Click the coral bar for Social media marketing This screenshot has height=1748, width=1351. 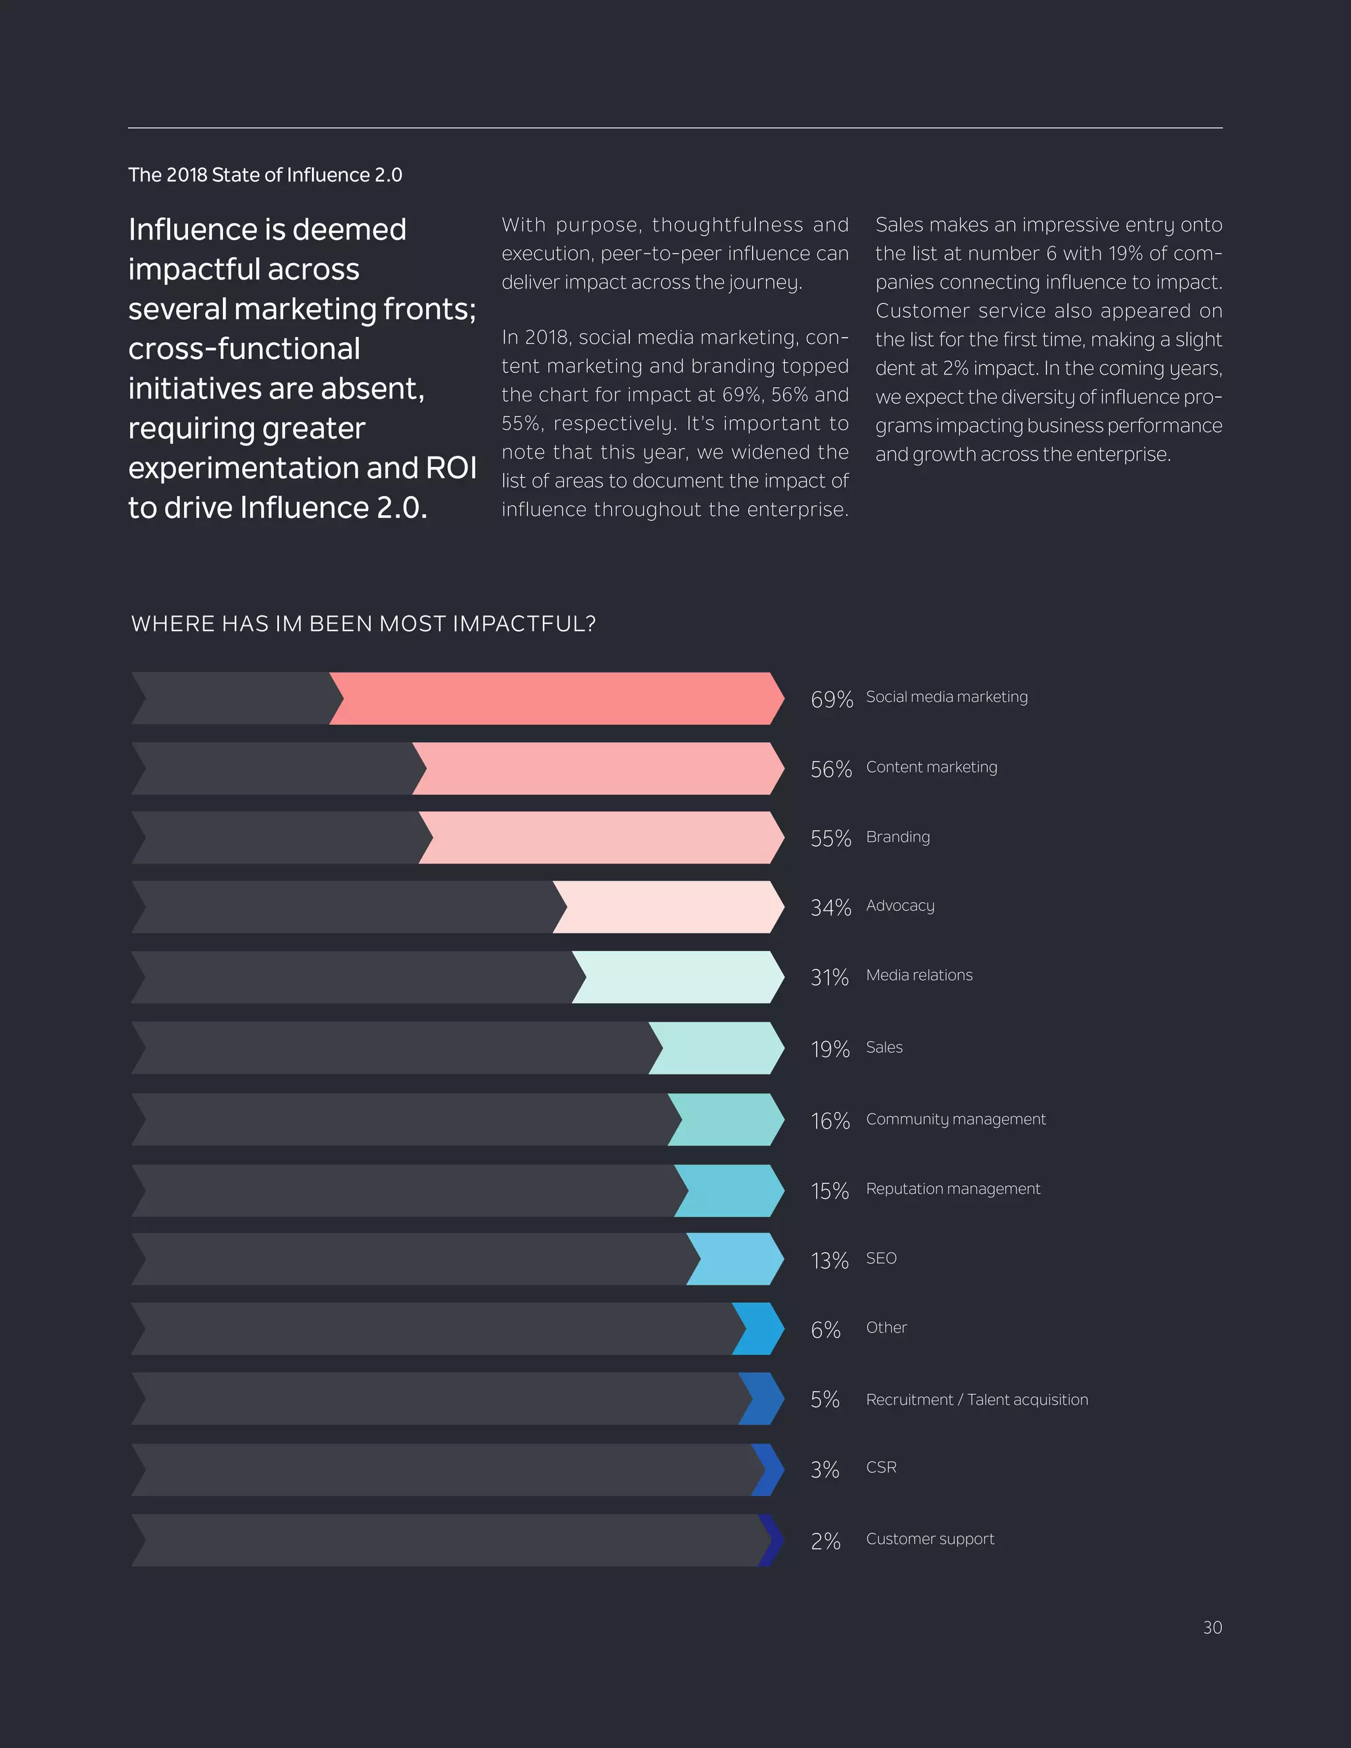tap(556, 699)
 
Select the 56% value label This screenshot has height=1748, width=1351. tap(831, 769)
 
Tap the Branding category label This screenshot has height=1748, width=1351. tap(897, 836)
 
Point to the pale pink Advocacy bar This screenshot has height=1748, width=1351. tap(668, 907)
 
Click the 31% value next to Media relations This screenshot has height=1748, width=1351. tap(829, 978)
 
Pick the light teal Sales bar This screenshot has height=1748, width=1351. tap(716, 1047)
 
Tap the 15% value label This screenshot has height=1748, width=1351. tap(829, 1191)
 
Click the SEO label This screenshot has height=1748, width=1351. tap(881, 1258)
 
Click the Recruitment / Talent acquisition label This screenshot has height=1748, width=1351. tap(976, 1400)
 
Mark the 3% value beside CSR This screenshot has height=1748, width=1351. tap(825, 1470)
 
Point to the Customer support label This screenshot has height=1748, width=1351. tap(929, 1539)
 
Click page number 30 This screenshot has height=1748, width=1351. tap(1212, 1628)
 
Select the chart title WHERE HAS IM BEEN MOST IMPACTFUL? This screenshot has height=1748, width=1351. tap(363, 623)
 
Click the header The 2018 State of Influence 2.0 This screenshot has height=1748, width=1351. tap(265, 175)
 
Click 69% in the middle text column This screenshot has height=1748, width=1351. tap(740, 394)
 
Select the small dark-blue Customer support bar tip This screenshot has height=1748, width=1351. tap(770, 1540)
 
